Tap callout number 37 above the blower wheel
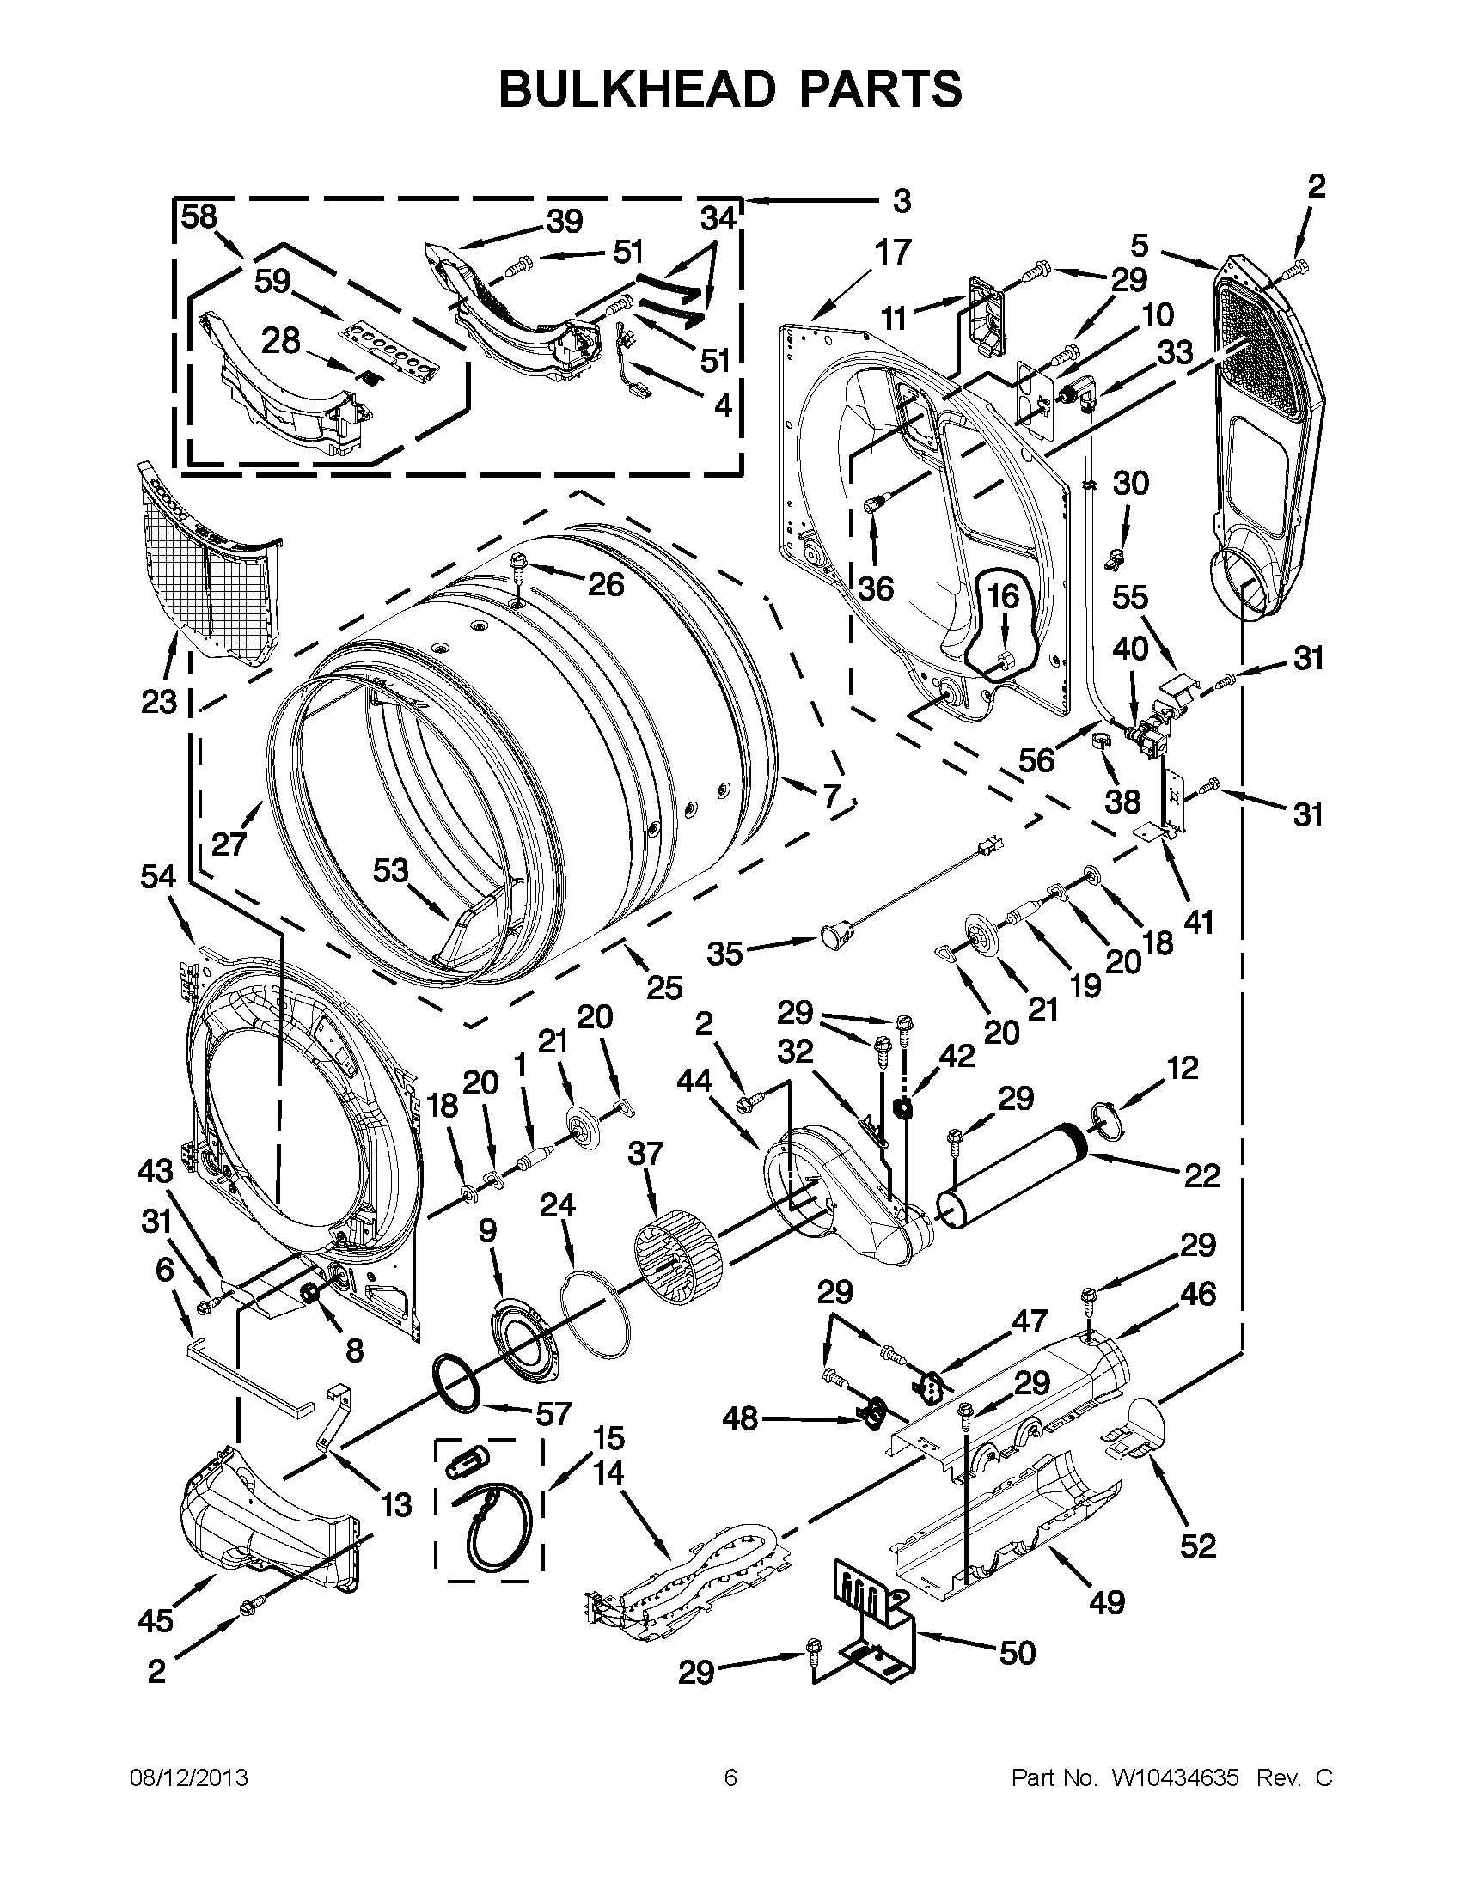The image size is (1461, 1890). click(646, 1154)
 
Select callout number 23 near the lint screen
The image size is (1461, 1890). click(158, 701)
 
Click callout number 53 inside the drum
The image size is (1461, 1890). click(390, 869)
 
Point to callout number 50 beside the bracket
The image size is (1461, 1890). click(1017, 1653)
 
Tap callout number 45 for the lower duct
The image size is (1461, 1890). click(156, 1620)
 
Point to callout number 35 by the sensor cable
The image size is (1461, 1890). click(724, 954)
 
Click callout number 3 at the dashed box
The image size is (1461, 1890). click(902, 202)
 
